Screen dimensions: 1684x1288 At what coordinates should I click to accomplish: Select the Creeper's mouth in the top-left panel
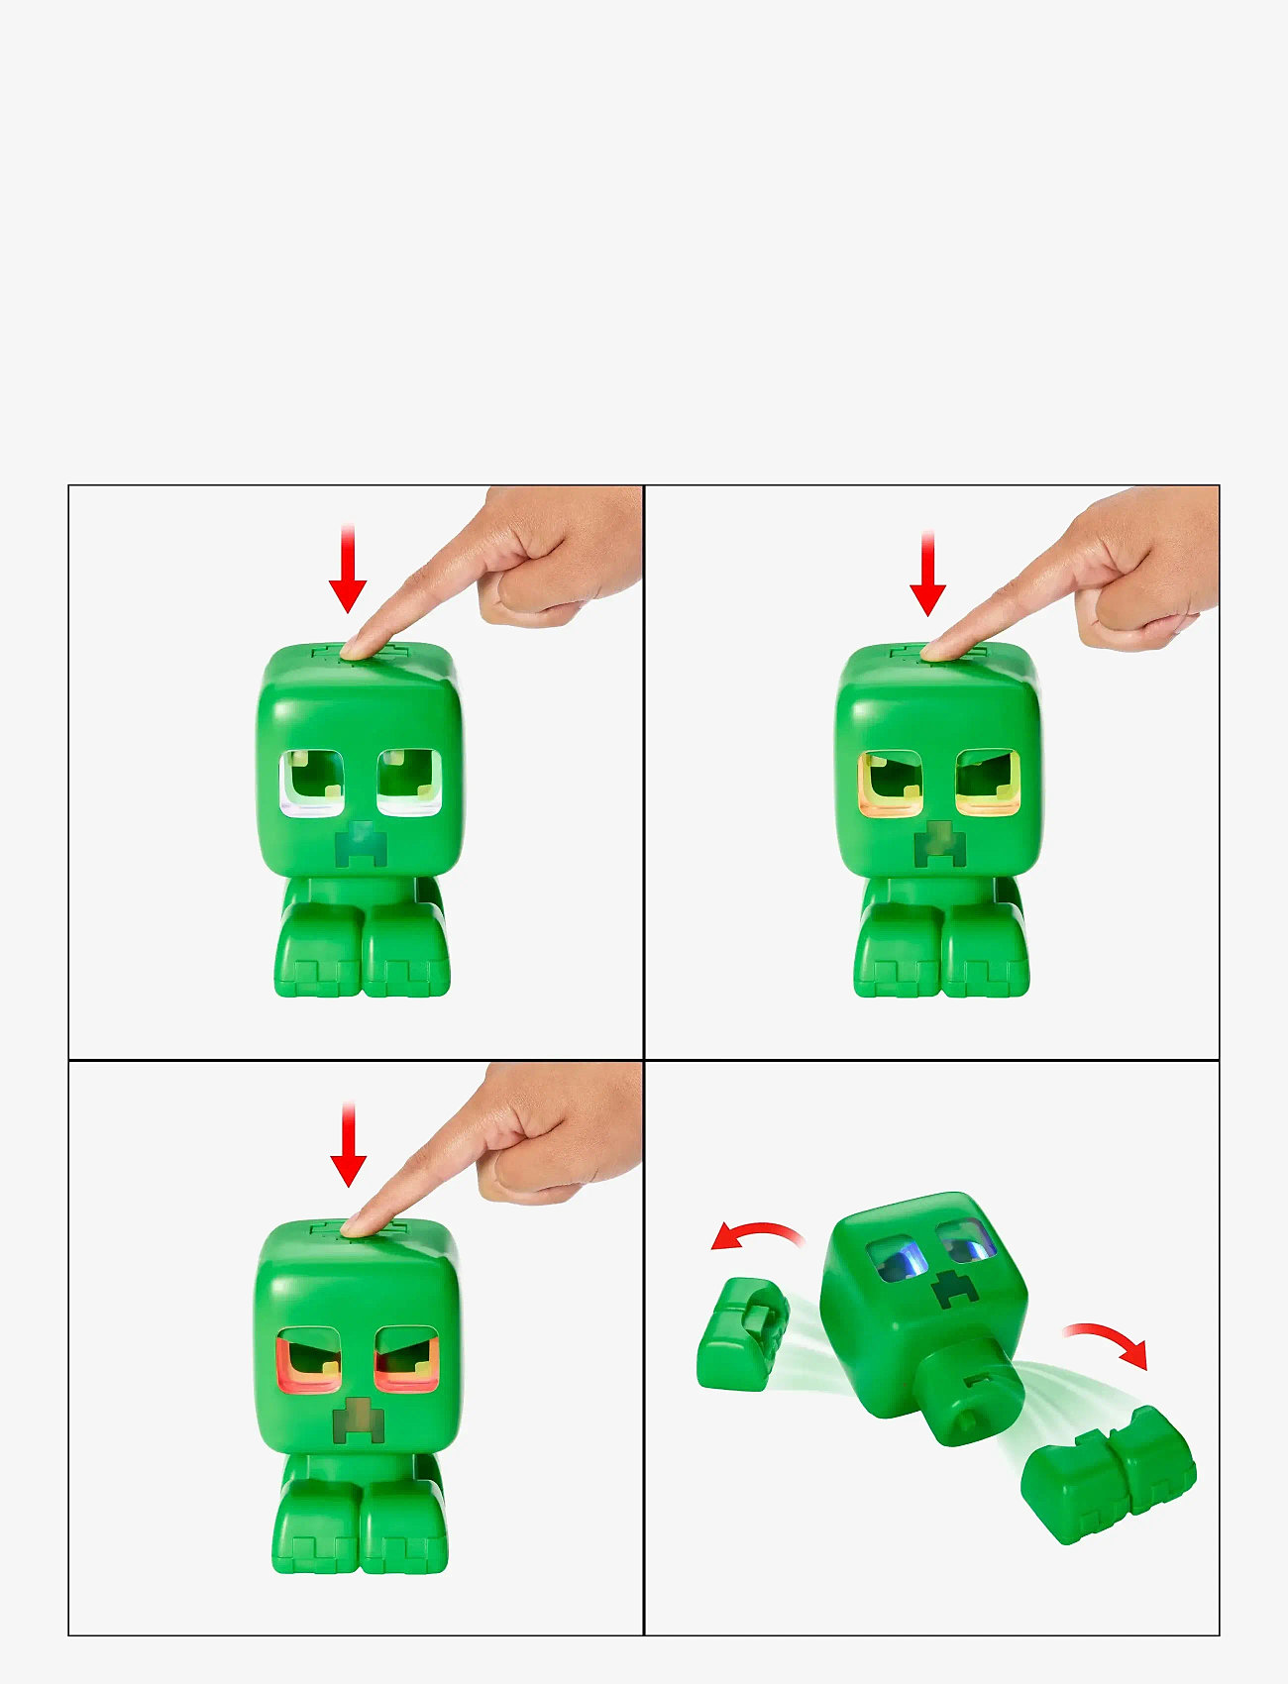pyautogui.click(x=360, y=845)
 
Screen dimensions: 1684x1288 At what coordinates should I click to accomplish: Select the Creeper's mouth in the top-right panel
pyautogui.click(x=939, y=845)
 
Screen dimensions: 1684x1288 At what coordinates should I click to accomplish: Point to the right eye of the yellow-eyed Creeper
pyautogui.click(x=988, y=784)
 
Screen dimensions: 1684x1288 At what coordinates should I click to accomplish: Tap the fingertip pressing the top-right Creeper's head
pyautogui.click(x=936, y=649)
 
